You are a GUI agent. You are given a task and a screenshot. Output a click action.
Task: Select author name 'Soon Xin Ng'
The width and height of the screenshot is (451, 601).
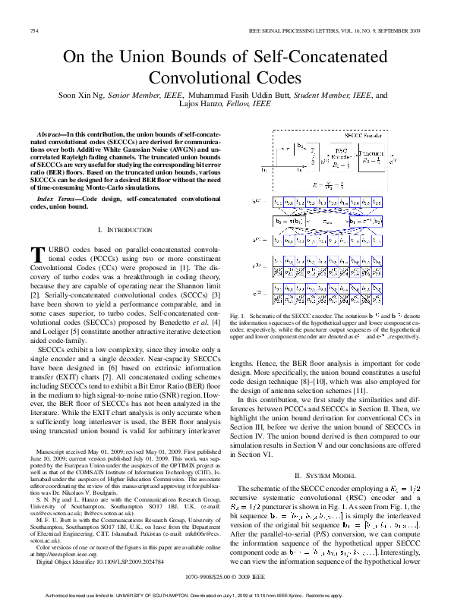coord(81,96)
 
